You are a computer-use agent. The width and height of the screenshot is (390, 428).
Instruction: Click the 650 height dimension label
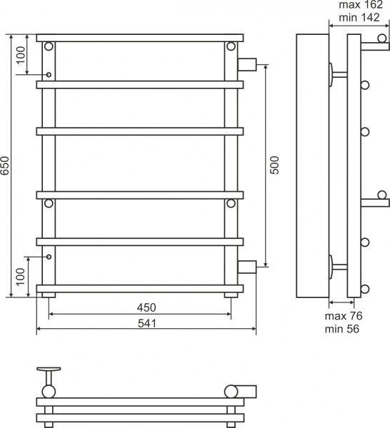coord(5,165)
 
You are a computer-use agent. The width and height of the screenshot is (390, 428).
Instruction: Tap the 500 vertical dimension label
coord(274,165)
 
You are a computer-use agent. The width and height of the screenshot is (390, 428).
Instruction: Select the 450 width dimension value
coord(146,307)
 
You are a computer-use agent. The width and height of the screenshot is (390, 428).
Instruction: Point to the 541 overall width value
coord(146,323)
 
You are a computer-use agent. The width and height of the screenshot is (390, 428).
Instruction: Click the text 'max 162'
coord(361,5)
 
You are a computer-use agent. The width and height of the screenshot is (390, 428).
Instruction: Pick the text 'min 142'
coord(359,17)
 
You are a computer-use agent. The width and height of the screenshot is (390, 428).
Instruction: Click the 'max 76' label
coord(344,316)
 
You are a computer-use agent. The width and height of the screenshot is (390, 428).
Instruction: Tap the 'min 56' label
coord(342,329)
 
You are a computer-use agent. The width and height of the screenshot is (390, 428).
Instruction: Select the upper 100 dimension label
coord(21,55)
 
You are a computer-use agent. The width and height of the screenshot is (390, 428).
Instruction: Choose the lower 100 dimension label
coord(21,277)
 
